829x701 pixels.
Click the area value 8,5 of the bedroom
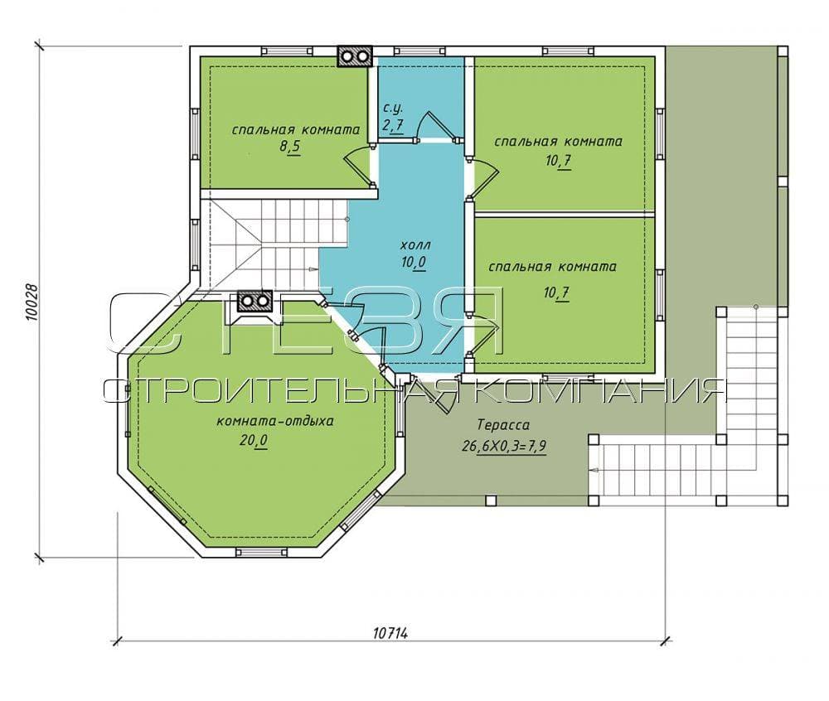[289, 147]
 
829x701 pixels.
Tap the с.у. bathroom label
[393, 109]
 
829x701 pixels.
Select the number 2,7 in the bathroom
[393, 126]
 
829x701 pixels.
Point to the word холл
[416, 245]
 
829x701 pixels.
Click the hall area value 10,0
[414, 262]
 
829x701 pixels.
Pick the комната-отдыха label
[275, 422]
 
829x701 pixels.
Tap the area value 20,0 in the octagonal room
[254, 440]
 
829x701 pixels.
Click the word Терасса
[503, 425]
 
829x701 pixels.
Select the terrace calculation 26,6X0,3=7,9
[504, 447]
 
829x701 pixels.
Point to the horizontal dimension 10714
[390, 633]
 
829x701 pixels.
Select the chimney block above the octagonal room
[255, 302]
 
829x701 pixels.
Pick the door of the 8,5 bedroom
[358, 166]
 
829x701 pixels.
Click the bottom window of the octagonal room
[261, 553]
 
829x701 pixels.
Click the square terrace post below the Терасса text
[490, 500]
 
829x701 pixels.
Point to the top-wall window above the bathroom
[419, 51]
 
